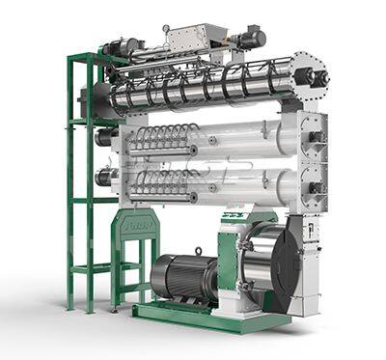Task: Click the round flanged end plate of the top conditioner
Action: (x=311, y=76)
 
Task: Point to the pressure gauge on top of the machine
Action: (x=166, y=30)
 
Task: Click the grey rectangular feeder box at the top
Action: (x=193, y=40)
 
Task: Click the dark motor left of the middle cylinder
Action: (x=105, y=137)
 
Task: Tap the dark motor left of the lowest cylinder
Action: (x=105, y=177)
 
